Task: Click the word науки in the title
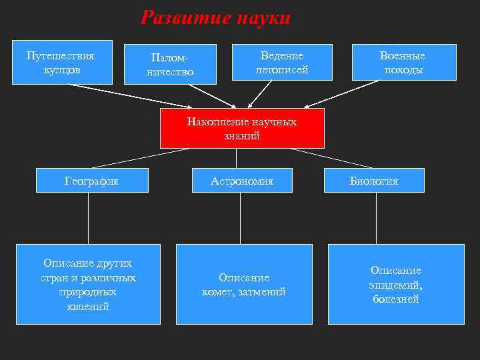click(x=264, y=18)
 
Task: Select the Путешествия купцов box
click(x=62, y=62)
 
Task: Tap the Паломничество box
click(x=170, y=64)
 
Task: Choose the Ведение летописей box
click(x=282, y=63)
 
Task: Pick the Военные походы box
click(x=403, y=63)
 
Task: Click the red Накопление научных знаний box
click(x=242, y=129)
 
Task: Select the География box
click(x=91, y=181)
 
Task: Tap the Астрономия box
click(x=242, y=181)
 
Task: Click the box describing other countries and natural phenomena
click(x=88, y=285)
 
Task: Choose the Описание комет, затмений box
click(x=243, y=285)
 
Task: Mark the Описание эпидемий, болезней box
click(x=396, y=285)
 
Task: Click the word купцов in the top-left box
click(x=62, y=69)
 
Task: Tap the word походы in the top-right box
click(x=403, y=71)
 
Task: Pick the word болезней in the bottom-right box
click(x=396, y=299)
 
